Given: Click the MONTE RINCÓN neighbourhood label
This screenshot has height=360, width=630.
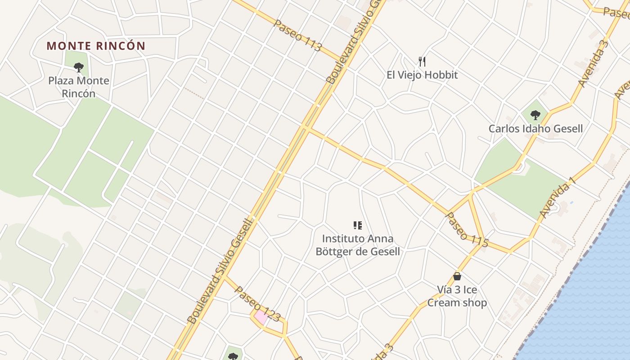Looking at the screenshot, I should tap(96, 46).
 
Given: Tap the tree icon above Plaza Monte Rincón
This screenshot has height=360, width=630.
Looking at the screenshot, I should tap(79, 68).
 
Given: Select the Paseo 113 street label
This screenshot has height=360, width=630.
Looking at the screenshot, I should tap(298, 35).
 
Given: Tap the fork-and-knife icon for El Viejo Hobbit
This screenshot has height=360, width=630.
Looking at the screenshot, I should tap(422, 61).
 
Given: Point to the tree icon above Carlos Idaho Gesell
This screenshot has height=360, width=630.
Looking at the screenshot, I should tap(535, 115).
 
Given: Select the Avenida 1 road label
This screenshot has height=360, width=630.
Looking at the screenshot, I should tap(558, 198).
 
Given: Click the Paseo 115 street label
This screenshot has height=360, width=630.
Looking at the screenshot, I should tap(467, 229).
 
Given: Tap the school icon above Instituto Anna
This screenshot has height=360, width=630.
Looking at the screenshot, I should tap(358, 225).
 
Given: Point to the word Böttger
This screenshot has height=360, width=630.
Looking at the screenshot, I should tap(334, 252).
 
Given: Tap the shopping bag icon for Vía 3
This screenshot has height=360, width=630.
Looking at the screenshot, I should tap(457, 276).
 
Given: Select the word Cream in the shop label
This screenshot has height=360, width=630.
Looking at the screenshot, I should tap(444, 303).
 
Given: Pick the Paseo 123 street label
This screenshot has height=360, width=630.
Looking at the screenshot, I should tap(257, 304).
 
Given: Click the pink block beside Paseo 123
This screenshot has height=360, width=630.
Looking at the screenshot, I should tap(261, 317).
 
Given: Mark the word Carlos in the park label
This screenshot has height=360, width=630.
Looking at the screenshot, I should tap(505, 129).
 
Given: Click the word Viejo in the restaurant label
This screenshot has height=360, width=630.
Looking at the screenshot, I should tap(416, 75).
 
